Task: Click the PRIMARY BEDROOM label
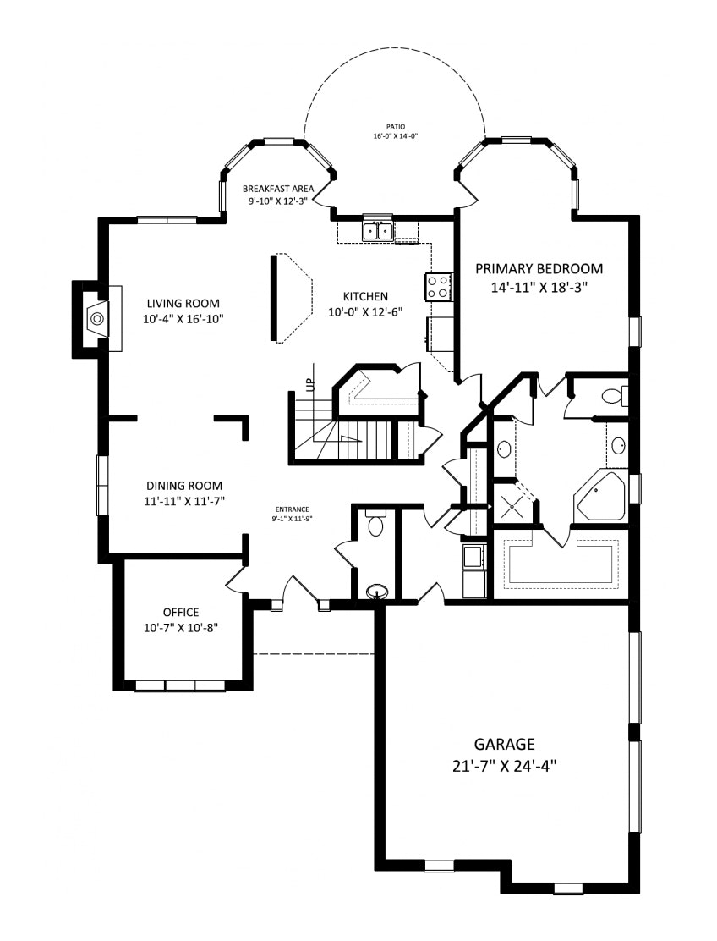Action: coord(539,268)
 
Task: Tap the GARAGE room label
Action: coord(504,744)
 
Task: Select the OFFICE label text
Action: coord(181,612)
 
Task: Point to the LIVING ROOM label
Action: coord(183,303)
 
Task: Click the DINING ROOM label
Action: coord(184,486)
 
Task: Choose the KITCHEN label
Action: coord(365,296)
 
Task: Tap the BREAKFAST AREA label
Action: coord(278,189)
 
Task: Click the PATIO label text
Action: coord(395,127)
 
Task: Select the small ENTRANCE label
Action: coord(292,509)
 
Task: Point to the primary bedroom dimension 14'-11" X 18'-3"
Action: coord(539,288)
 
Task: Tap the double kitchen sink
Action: coord(377,230)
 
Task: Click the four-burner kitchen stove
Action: coord(438,287)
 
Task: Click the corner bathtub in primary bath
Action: coord(600,496)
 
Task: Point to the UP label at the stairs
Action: coord(309,385)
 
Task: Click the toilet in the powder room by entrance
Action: coord(376,523)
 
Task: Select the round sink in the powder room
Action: coord(377,592)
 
